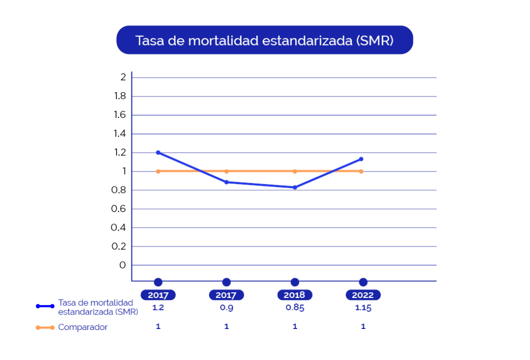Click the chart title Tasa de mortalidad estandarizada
pos(264,40)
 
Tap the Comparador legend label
pos(83,327)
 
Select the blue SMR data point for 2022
pos(361,159)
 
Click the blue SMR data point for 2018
pos(295,187)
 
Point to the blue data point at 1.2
pos(158,153)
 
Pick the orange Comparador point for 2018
pos(295,172)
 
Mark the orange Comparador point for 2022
pos(361,172)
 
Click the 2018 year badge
pos(295,295)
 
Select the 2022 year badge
pos(363,295)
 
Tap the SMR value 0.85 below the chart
pos(295,308)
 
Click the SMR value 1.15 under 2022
pos(363,308)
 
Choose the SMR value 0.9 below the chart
pos(227,308)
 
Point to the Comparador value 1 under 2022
pos(363,326)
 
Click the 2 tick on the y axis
pos(123,78)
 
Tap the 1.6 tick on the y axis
pos(120,115)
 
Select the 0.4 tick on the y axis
pos(119,228)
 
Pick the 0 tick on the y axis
pos(122,265)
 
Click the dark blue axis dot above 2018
pos(295,282)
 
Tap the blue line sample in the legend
pos(45,306)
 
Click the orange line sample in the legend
pos(45,327)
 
